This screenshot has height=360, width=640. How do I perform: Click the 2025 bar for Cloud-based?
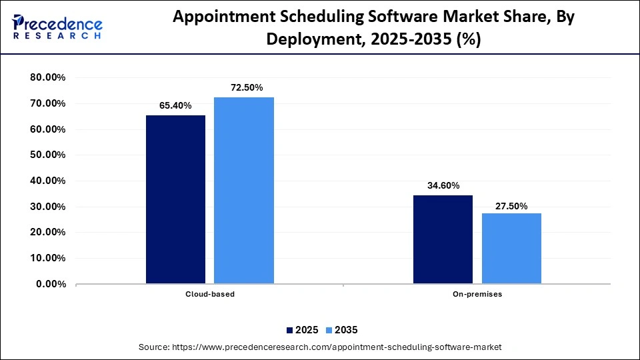175,199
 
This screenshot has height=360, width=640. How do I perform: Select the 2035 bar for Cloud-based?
243,190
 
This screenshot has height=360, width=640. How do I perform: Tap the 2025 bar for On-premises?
443,239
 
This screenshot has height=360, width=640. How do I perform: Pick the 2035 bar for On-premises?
511,248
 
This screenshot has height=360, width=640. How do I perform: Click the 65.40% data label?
175,105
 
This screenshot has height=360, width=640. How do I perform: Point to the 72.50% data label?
243,87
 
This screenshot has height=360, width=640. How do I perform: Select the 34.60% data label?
443,185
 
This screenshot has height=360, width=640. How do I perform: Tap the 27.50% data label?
511,206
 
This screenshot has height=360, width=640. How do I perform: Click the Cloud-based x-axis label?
210,294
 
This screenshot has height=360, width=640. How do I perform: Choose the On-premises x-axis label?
477,294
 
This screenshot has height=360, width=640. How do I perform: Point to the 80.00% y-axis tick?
48,77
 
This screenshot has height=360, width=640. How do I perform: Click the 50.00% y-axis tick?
48,155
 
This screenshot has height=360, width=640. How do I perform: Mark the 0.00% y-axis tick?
51,284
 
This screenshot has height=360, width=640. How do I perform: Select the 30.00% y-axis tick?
48,207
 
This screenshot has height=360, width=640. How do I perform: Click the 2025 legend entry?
303,330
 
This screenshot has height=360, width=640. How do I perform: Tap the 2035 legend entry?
341,330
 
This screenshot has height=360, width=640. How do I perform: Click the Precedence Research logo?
57,26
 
